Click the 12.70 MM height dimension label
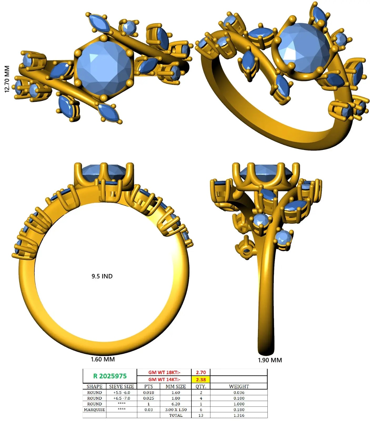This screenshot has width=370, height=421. point(7,79)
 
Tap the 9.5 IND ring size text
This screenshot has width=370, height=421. point(102,276)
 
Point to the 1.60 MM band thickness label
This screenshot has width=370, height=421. point(103,359)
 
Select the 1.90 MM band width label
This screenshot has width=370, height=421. point(270,360)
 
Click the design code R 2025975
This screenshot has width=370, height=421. point(110,376)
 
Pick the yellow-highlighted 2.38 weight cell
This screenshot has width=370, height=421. point(201,380)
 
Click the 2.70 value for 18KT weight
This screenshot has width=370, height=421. point(201,372)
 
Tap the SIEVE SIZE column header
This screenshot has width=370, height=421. point(121,386)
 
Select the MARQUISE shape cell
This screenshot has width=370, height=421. point(94,410)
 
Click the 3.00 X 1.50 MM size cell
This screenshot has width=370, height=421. point(176,410)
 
